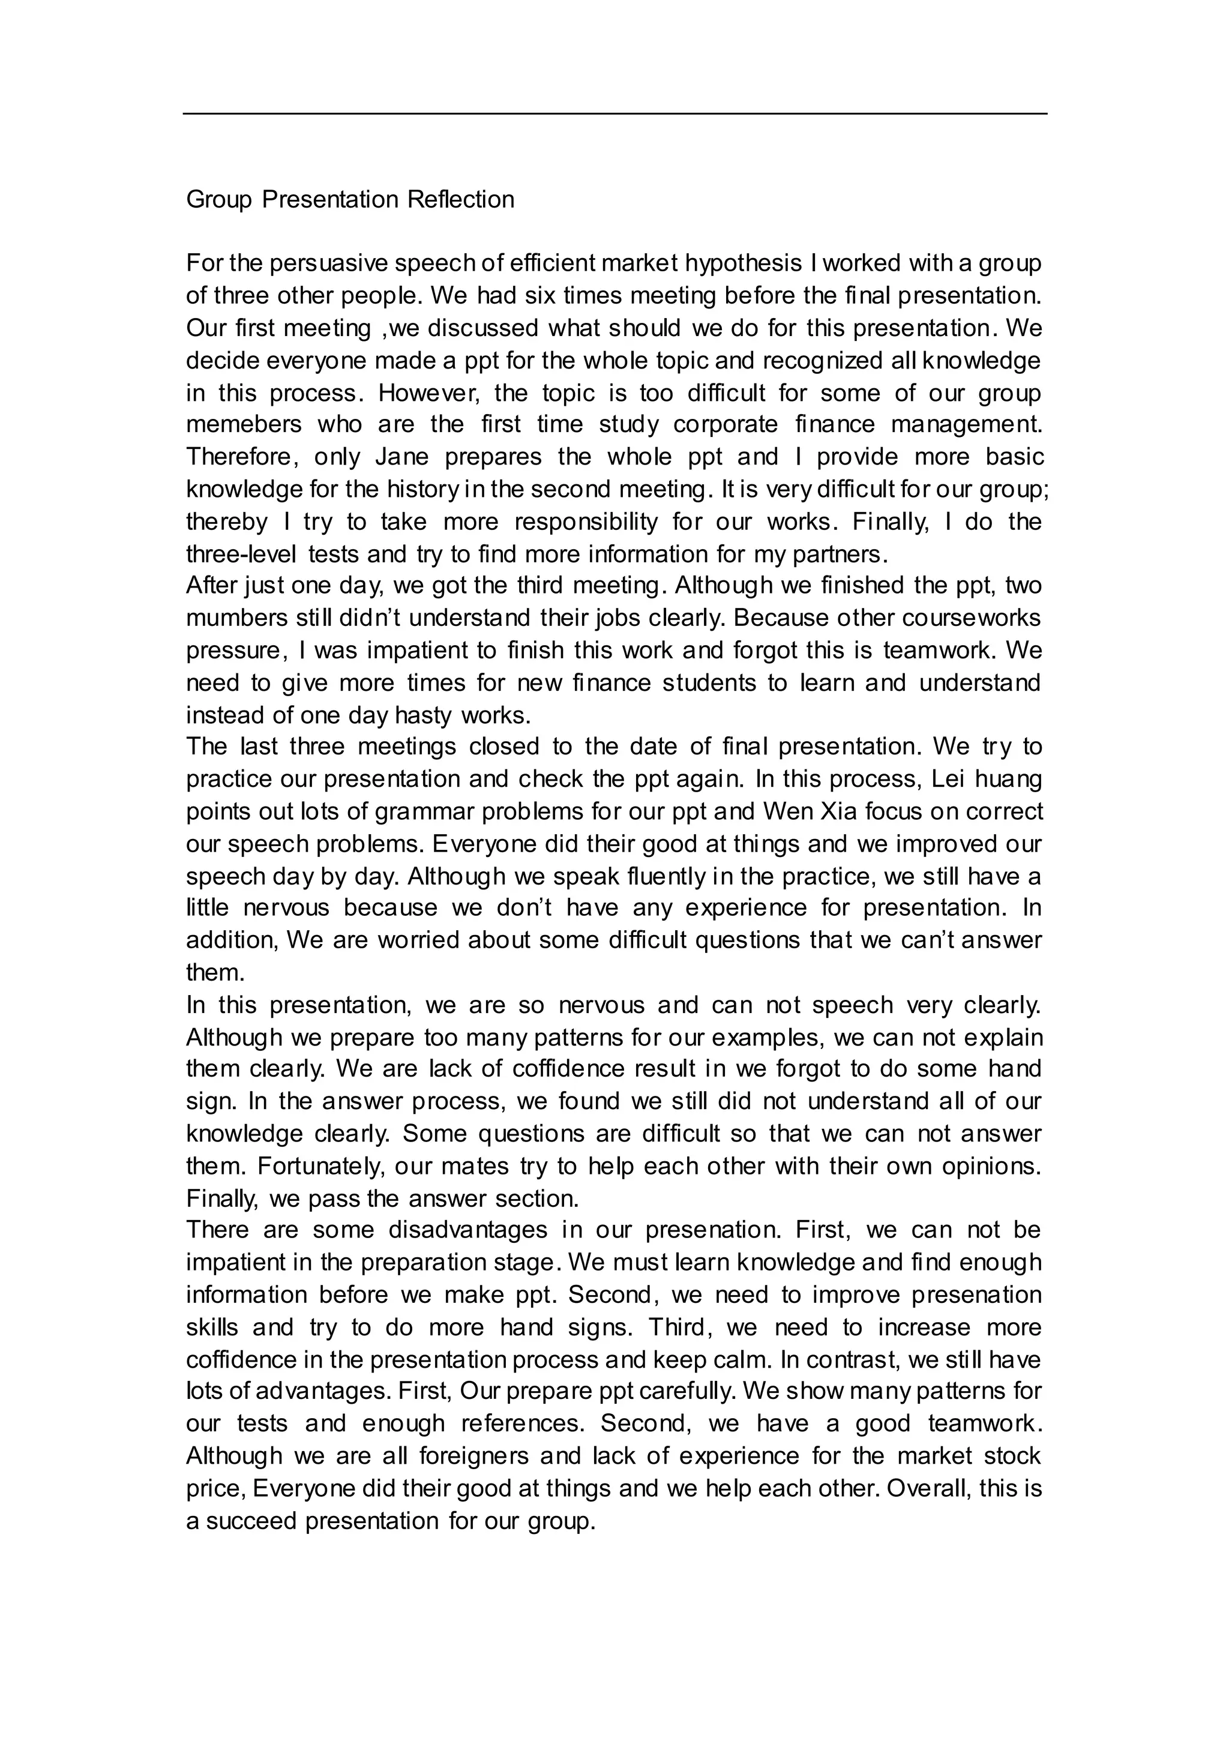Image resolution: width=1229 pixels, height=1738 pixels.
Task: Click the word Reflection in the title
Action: pos(461,200)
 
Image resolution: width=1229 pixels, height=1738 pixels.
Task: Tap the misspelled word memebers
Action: pos(243,425)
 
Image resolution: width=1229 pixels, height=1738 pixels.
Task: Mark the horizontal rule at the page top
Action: pos(614,114)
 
